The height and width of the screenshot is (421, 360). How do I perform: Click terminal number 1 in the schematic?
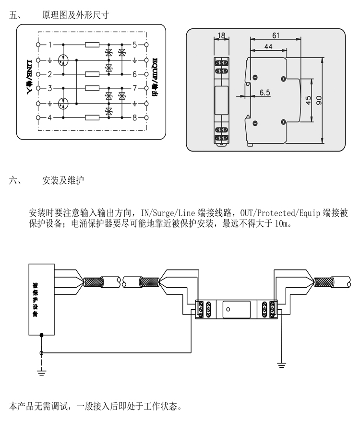coord(50,45)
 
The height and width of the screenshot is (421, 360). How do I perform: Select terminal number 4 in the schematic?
coord(50,117)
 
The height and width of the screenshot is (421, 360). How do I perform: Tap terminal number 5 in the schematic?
coord(135,45)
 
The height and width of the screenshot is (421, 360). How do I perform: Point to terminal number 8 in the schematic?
coord(135,117)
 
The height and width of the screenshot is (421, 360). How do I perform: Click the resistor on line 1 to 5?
coord(92,45)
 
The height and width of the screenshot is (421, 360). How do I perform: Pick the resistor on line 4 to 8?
coord(92,117)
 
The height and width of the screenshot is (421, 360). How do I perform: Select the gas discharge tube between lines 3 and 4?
coord(63,103)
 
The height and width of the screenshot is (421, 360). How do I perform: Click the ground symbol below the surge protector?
coord(281,365)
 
